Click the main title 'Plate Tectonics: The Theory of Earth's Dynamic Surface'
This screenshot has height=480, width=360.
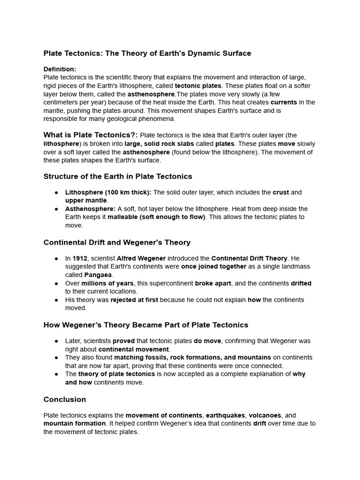pyautogui.click(x=147, y=53)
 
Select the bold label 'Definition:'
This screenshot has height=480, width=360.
pyautogui.click(x=60, y=69)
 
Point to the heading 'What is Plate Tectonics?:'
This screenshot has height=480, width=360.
pyautogui.click(x=90, y=135)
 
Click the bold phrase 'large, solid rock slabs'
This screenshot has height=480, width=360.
pyautogui.click(x=157, y=144)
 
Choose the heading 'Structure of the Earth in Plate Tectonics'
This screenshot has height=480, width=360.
pyautogui.click(x=118, y=177)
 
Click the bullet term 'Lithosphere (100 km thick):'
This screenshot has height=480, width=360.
pyautogui.click(x=108, y=192)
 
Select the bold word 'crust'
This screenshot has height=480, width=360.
pyautogui.click(x=281, y=192)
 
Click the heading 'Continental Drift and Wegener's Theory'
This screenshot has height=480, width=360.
pyautogui.click(x=117, y=242)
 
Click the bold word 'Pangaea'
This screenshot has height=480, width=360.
pyautogui.click(x=98, y=275)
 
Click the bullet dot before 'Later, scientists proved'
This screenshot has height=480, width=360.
pyautogui.click(x=56, y=341)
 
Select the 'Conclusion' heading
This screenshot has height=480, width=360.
pyautogui.click(x=65, y=399)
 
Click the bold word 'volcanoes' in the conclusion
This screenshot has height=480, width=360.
pyautogui.click(x=265, y=415)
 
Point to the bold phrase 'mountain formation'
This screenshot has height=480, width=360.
pyautogui.click(x=74, y=424)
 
